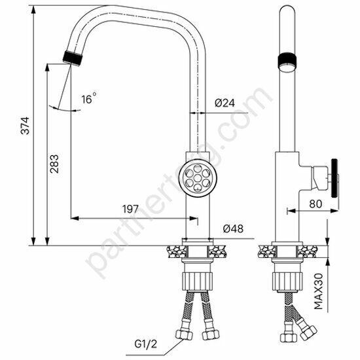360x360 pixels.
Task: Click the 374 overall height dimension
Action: [x=24, y=130]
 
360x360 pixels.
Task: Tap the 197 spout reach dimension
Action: [x=130, y=209]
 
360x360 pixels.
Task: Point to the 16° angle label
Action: [x=88, y=99]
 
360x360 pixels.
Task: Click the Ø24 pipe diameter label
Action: [x=225, y=102]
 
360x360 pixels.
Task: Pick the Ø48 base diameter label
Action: [x=233, y=228]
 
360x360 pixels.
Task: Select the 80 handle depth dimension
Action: [x=315, y=204]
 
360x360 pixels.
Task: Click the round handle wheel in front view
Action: [x=197, y=177]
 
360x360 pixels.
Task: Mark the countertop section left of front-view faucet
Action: [x=174, y=250]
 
